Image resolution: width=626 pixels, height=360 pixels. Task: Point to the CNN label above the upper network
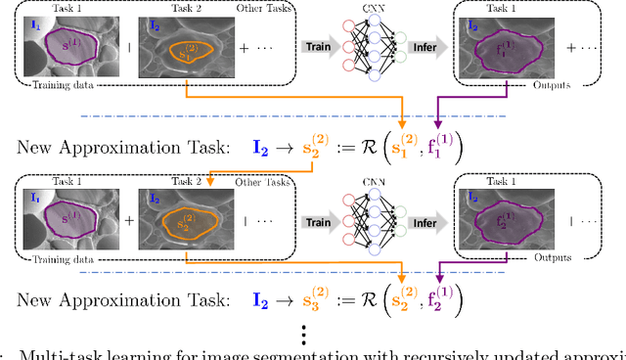[380, 9]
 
